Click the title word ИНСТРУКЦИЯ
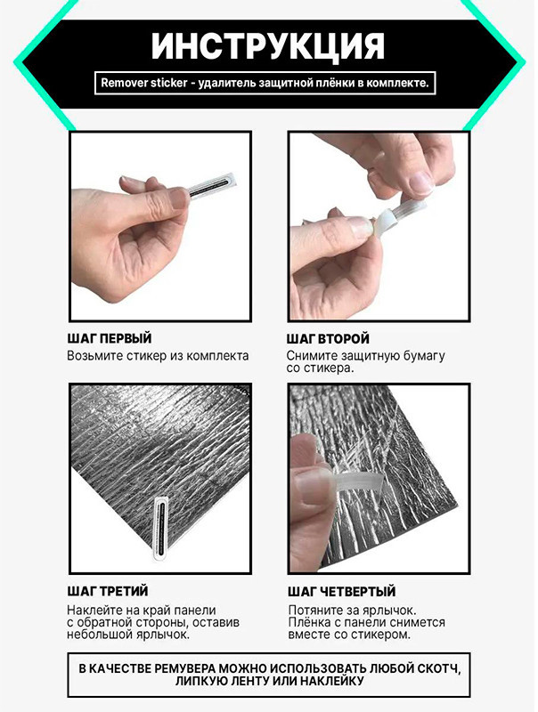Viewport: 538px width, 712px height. point(268,46)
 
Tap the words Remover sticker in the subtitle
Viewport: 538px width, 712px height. point(144,83)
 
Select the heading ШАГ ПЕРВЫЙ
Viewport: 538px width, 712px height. point(110,339)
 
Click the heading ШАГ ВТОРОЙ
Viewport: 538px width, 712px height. point(328,339)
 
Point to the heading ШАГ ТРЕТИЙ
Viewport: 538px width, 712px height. point(108,591)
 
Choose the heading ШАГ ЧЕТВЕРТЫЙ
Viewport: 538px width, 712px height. point(342,592)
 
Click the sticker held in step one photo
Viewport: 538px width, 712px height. point(212,184)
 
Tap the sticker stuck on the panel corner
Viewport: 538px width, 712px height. point(160,528)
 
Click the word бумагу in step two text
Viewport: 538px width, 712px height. point(423,356)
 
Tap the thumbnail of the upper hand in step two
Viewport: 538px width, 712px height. point(420,182)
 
